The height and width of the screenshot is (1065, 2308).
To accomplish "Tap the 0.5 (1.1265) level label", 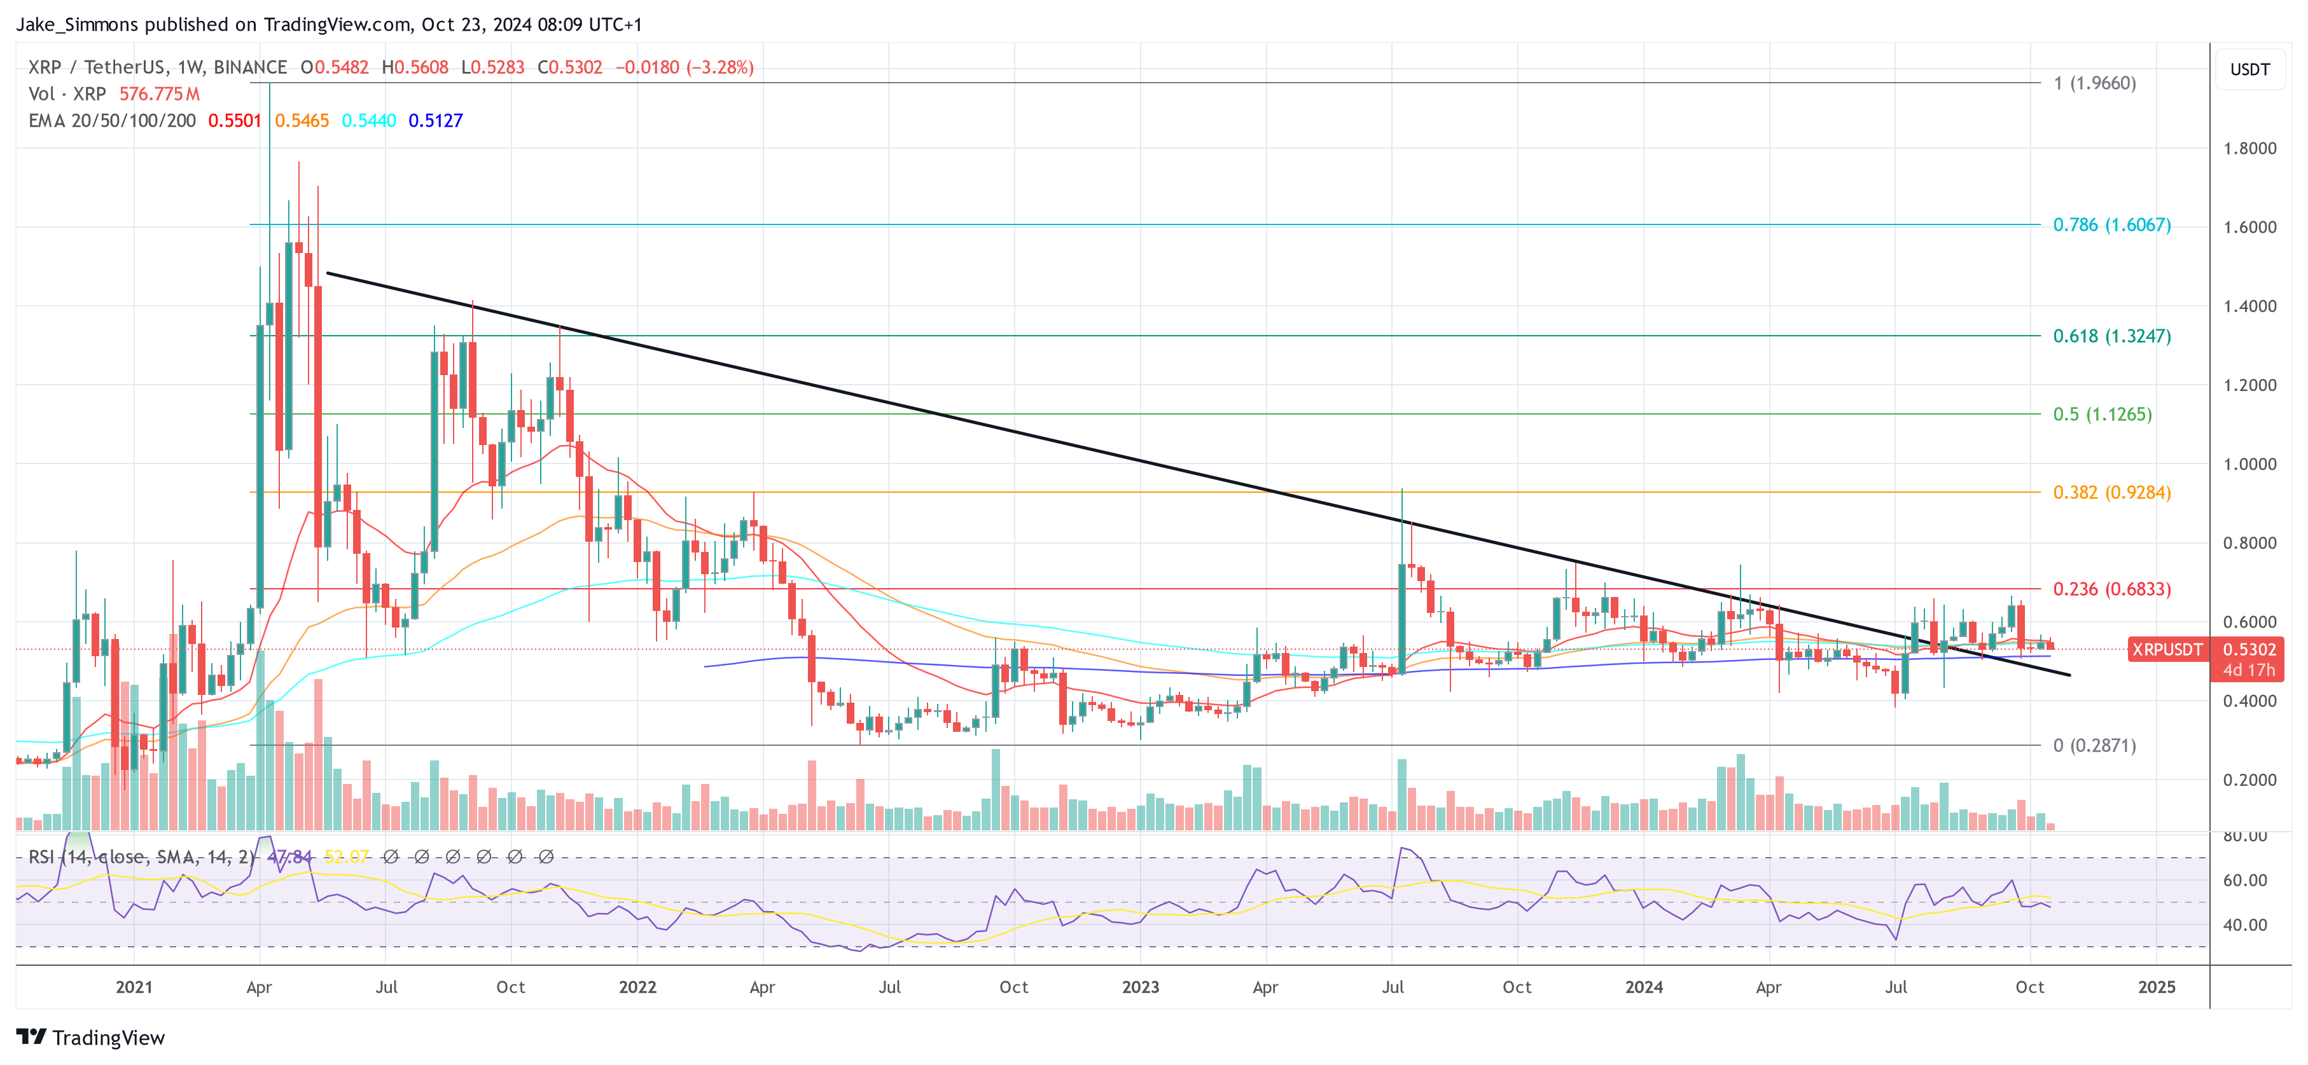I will (x=2101, y=414).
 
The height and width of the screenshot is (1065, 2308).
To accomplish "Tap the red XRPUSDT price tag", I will (x=2166, y=649).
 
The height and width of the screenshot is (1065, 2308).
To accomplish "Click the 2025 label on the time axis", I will (x=2156, y=987).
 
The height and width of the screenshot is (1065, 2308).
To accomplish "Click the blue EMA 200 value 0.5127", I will (x=435, y=121).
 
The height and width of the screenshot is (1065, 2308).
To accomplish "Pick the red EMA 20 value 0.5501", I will (x=235, y=121).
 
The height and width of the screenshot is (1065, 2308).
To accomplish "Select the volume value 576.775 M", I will (x=160, y=94).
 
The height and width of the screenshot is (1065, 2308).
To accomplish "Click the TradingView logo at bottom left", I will (x=90, y=1037).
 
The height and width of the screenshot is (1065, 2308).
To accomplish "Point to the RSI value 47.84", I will (x=289, y=857).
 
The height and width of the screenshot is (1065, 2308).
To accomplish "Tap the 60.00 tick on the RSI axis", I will (x=2244, y=881).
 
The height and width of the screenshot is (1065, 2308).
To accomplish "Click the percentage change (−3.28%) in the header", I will (x=720, y=67).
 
